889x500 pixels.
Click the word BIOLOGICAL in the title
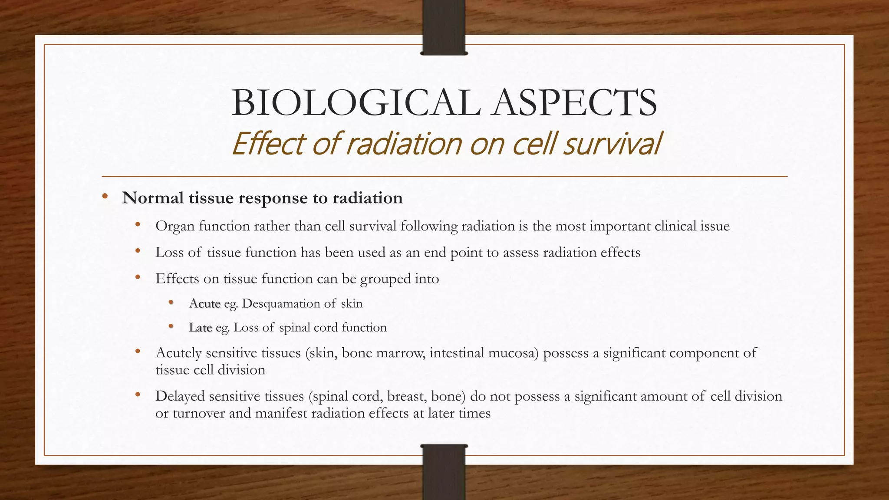coord(356,103)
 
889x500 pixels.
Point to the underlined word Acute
coord(205,303)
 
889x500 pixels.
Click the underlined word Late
coord(201,327)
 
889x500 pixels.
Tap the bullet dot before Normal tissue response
coord(105,197)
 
